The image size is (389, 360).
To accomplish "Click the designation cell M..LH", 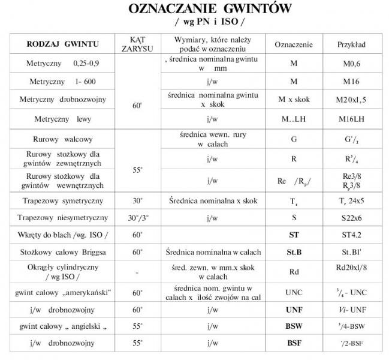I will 294,119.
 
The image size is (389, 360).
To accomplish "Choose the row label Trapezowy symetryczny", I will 63,200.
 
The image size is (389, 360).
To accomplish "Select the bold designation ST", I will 294,235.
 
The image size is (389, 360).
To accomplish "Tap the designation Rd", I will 294,272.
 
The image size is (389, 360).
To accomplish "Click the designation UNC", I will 294,292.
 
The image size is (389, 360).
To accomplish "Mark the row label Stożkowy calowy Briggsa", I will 63,252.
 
